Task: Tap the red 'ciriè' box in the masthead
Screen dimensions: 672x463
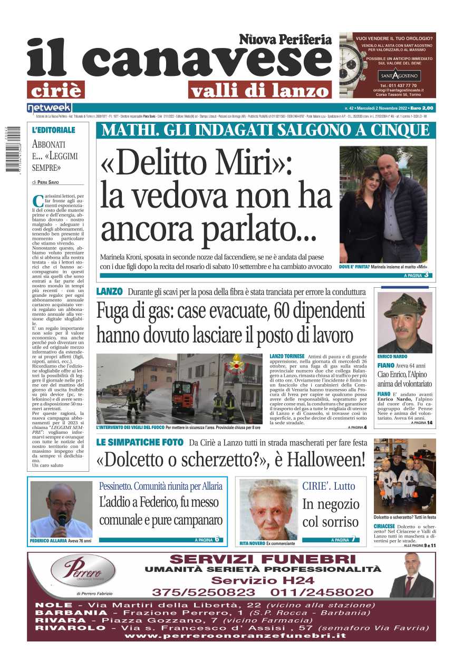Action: (x=56, y=90)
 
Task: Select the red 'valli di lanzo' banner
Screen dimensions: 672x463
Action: (x=259, y=90)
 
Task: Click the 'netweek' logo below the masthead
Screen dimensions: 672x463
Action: (x=42, y=108)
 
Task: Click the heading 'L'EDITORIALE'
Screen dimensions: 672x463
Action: (x=54, y=130)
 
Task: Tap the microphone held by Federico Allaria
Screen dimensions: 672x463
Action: (x=62, y=517)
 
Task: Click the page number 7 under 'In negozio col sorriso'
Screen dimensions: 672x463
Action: (x=353, y=539)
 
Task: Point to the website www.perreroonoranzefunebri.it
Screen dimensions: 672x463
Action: (x=235, y=636)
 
